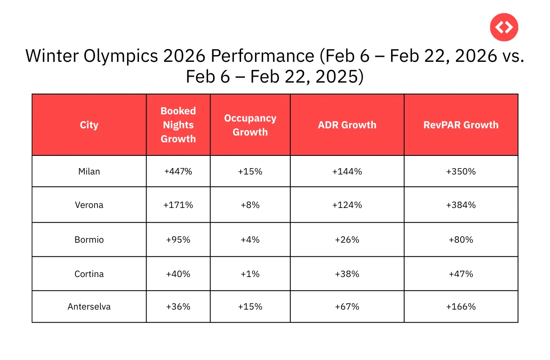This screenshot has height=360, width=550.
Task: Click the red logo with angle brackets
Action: (x=504, y=28)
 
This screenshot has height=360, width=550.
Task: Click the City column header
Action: (x=89, y=125)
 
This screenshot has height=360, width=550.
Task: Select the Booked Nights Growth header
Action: (x=178, y=125)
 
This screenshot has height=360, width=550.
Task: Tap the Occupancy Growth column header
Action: (x=250, y=125)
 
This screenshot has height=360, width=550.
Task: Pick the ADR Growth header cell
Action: (x=347, y=125)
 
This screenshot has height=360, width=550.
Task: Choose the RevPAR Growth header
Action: (x=461, y=125)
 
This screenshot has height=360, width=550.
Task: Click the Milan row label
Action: (x=89, y=172)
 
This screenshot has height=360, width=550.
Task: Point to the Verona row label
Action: (x=89, y=205)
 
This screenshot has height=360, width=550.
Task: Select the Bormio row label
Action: (x=89, y=240)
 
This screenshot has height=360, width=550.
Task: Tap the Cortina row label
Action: (x=89, y=274)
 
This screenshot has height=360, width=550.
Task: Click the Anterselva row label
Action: (x=89, y=307)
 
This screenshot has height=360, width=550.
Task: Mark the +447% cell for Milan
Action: (x=178, y=172)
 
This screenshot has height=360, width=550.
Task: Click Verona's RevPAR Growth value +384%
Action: (x=461, y=205)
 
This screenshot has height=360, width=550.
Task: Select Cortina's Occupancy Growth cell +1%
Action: (x=250, y=274)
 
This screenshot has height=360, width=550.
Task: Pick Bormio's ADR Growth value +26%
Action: (x=347, y=240)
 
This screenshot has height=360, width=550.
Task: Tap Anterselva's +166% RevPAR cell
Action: (x=461, y=307)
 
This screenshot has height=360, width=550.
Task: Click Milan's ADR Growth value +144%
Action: (x=347, y=172)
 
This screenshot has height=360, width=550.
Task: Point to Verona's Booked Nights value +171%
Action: (x=178, y=205)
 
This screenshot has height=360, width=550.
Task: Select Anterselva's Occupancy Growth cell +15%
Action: (x=250, y=307)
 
